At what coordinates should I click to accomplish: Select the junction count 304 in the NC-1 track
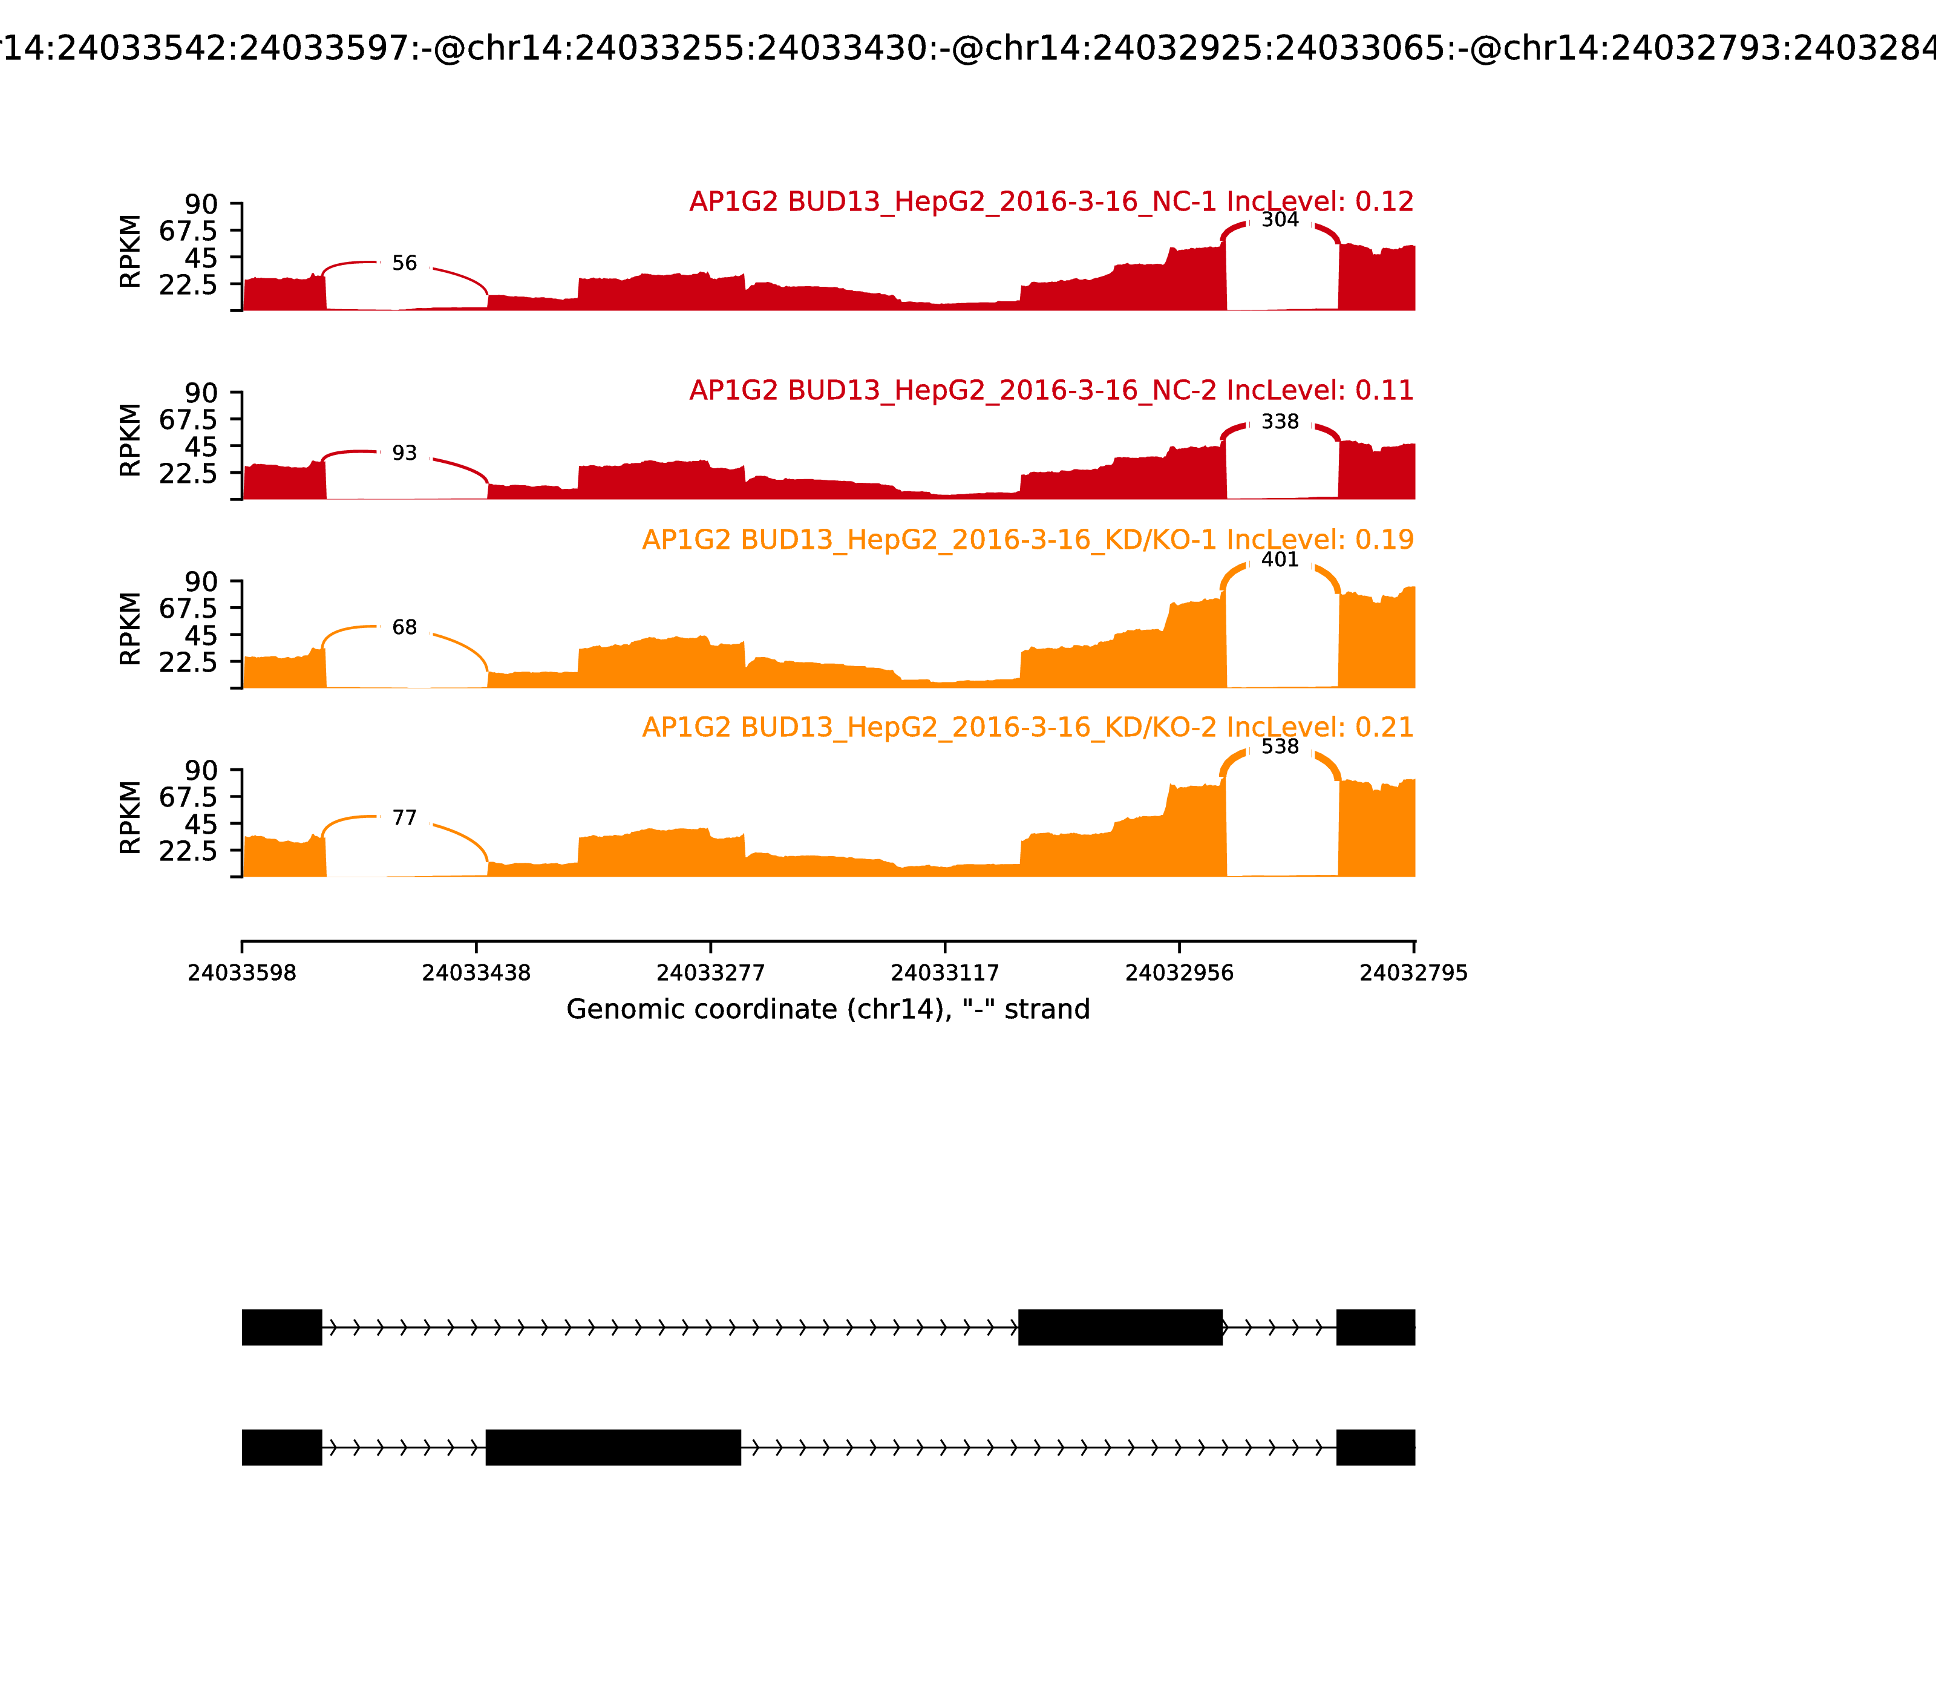[1280, 220]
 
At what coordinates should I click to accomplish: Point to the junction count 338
[1280, 422]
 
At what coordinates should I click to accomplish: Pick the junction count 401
[1280, 560]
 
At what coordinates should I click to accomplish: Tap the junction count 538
[1280, 747]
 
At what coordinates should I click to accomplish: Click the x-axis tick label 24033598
[242, 973]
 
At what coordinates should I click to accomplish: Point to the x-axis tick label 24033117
[944, 973]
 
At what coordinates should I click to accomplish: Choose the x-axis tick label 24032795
[1413, 973]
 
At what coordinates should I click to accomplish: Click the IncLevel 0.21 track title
[1027, 727]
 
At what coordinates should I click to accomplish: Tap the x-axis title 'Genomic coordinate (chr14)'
[828, 1010]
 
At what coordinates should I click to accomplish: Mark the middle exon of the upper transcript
[1120, 1327]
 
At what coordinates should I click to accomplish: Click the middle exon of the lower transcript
[612, 1447]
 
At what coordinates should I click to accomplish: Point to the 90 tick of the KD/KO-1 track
[201, 581]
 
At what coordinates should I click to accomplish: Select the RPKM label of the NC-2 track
[131, 440]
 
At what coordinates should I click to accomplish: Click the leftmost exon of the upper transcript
[282, 1327]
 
